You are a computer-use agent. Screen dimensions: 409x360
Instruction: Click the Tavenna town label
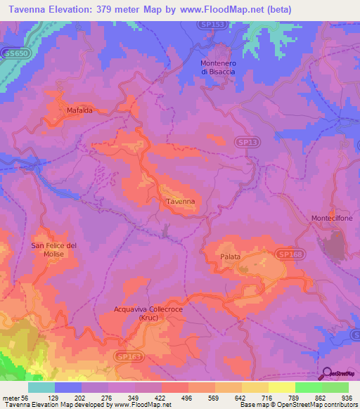[179, 202]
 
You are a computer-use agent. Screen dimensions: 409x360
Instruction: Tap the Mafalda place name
[79, 111]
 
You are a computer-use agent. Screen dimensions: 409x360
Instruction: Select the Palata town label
[231, 257]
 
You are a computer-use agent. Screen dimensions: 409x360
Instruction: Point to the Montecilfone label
[332, 219]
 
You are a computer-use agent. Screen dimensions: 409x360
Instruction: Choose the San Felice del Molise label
[53, 249]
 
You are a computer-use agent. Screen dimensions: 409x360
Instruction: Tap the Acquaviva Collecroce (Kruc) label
[147, 312]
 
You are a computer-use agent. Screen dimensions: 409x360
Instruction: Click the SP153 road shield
[219, 25]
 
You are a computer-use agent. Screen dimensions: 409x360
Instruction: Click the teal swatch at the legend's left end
[41, 387]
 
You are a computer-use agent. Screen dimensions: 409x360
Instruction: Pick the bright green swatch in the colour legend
[309, 387]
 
